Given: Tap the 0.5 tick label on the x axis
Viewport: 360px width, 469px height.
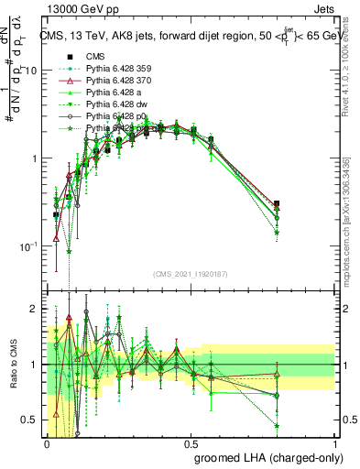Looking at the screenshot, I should [x=191, y=444].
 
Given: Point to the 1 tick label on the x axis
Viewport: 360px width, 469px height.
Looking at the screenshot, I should [x=335, y=444].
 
